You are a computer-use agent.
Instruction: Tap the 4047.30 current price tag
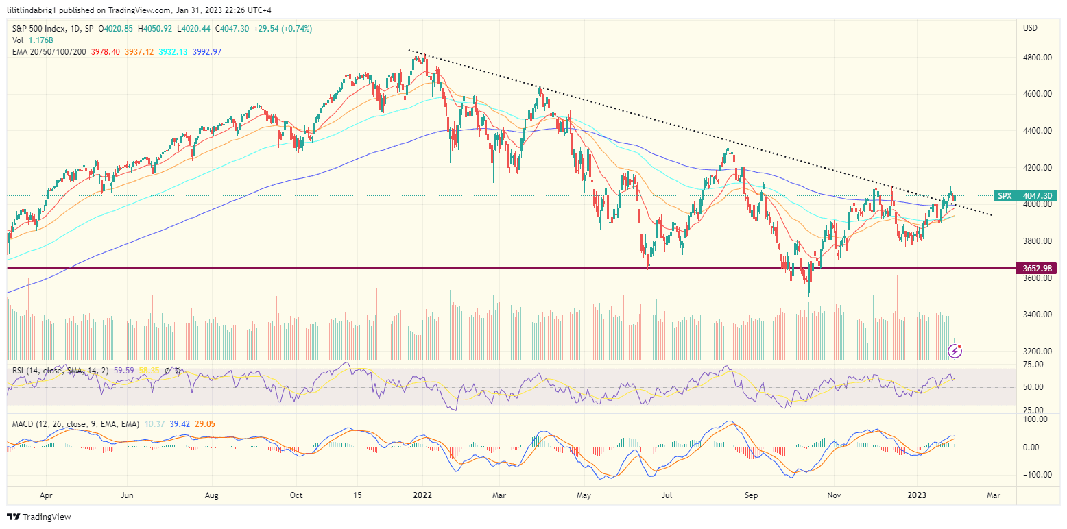(1037, 195)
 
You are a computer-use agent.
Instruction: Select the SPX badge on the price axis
(1004, 195)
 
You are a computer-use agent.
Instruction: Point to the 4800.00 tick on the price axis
(1038, 58)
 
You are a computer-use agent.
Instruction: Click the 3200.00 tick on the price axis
(1038, 352)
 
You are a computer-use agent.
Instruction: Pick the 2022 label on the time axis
(422, 495)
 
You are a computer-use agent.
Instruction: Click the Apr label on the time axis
(46, 495)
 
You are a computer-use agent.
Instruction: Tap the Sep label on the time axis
(752, 495)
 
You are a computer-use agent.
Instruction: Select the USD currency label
(1030, 28)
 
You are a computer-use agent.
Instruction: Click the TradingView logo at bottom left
(39, 517)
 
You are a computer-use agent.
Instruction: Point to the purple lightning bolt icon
(955, 352)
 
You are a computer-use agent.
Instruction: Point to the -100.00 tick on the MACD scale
(1035, 475)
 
